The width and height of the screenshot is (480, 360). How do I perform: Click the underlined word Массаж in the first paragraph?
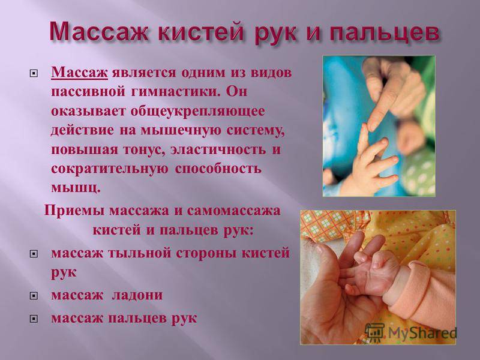click(79, 73)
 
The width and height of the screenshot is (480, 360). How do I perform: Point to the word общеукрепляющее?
click(197, 112)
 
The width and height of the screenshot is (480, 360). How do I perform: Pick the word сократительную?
click(109, 169)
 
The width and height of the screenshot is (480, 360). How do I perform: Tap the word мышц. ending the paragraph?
click(76, 188)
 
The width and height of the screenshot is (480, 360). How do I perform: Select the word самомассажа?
click(233, 211)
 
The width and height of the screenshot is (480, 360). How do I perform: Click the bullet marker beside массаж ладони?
click(34, 295)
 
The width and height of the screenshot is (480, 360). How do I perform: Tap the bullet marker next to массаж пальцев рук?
click(34, 319)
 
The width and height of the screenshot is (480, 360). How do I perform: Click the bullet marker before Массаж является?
click(34, 73)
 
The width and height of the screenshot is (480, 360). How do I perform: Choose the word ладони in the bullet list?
click(137, 295)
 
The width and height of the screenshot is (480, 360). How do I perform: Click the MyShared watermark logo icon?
click(375, 333)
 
